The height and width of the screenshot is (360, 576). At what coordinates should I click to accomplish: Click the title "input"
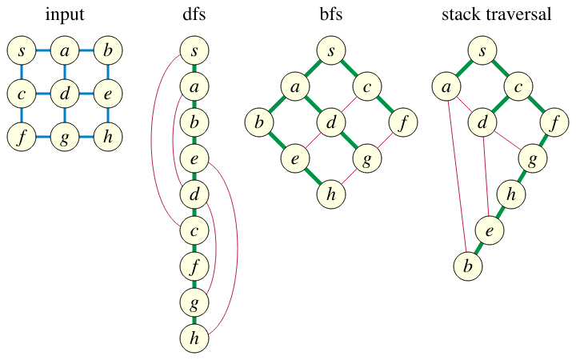65,15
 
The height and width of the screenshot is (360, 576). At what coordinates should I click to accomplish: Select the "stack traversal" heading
496,14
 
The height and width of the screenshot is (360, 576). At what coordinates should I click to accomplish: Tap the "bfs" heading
331,14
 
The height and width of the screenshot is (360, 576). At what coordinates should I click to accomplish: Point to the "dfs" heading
194,14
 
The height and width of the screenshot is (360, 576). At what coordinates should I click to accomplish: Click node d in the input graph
65,94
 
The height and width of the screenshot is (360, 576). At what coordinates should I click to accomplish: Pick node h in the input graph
108,137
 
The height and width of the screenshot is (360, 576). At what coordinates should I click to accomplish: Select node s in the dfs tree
194,50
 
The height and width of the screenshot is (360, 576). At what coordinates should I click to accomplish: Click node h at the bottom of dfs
194,338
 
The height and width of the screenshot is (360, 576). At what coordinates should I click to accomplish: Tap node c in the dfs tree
194,230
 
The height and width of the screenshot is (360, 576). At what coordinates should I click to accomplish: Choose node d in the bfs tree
331,122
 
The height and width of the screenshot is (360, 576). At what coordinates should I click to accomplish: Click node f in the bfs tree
403,122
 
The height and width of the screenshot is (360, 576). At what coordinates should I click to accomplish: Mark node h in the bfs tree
331,194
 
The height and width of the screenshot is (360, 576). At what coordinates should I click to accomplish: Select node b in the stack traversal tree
468,266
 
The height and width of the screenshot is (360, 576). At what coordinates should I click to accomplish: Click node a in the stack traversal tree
446,86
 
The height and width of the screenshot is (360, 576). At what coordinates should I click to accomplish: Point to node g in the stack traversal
533,158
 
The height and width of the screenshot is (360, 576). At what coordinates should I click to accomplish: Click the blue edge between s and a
43,50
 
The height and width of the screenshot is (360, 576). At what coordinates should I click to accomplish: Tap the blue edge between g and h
86,137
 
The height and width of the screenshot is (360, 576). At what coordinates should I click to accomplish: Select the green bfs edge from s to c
349,69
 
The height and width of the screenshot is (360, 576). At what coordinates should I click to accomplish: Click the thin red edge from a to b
457,176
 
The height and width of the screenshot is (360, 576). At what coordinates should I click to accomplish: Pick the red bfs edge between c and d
349,104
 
